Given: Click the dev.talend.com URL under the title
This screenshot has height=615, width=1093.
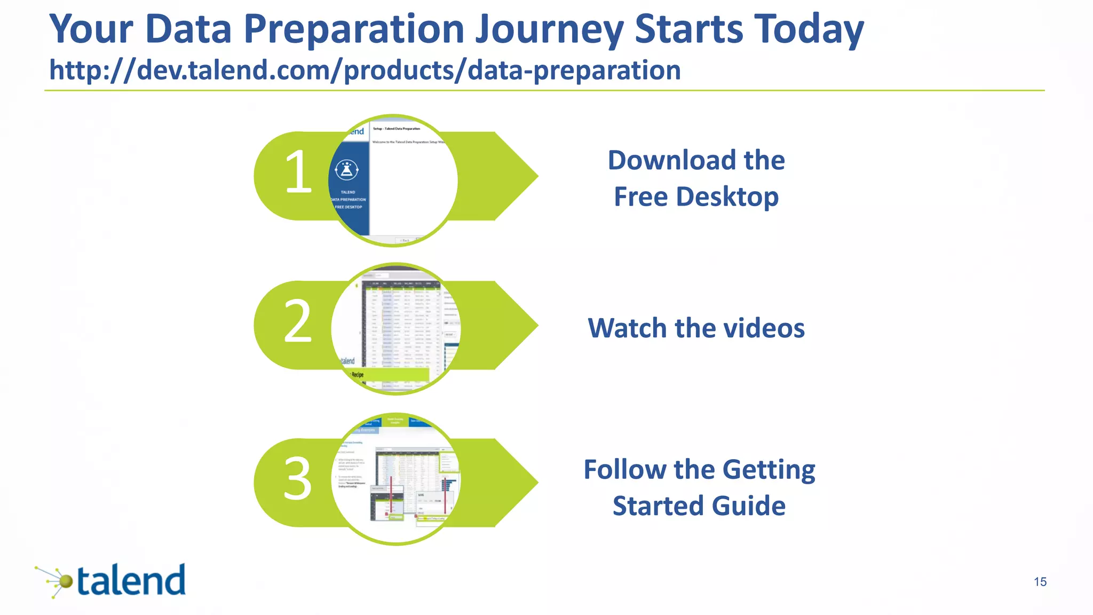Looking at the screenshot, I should coord(365,70).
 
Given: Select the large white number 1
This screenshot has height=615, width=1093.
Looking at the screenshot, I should coord(298,172).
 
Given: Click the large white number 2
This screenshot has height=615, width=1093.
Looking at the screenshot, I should coord(297,321).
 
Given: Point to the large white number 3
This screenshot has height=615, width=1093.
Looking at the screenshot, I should coord(297,479).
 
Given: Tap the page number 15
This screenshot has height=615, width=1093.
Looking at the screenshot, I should coord(1040,582).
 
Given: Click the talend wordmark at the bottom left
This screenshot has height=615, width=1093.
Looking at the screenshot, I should coord(131,581).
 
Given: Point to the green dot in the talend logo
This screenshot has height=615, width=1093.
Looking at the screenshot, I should coord(65,581).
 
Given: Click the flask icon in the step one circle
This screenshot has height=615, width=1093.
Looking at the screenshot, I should coord(347,170).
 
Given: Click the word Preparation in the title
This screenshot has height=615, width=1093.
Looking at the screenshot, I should coord(354,29).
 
